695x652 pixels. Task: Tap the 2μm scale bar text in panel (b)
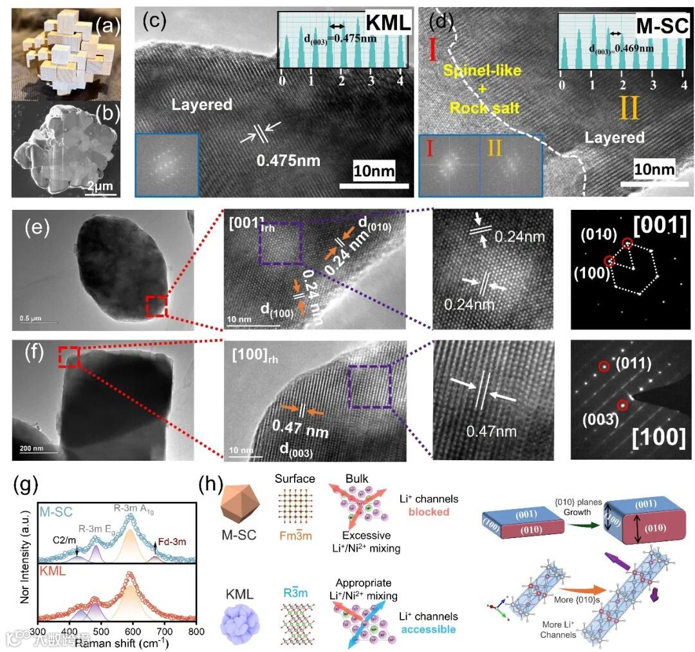(x=99, y=187)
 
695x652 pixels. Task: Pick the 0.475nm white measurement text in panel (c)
(x=288, y=160)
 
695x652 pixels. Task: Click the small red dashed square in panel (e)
(x=156, y=306)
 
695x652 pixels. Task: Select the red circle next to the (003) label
(x=622, y=405)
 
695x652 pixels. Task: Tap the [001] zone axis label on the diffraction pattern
(x=659, y=227)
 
